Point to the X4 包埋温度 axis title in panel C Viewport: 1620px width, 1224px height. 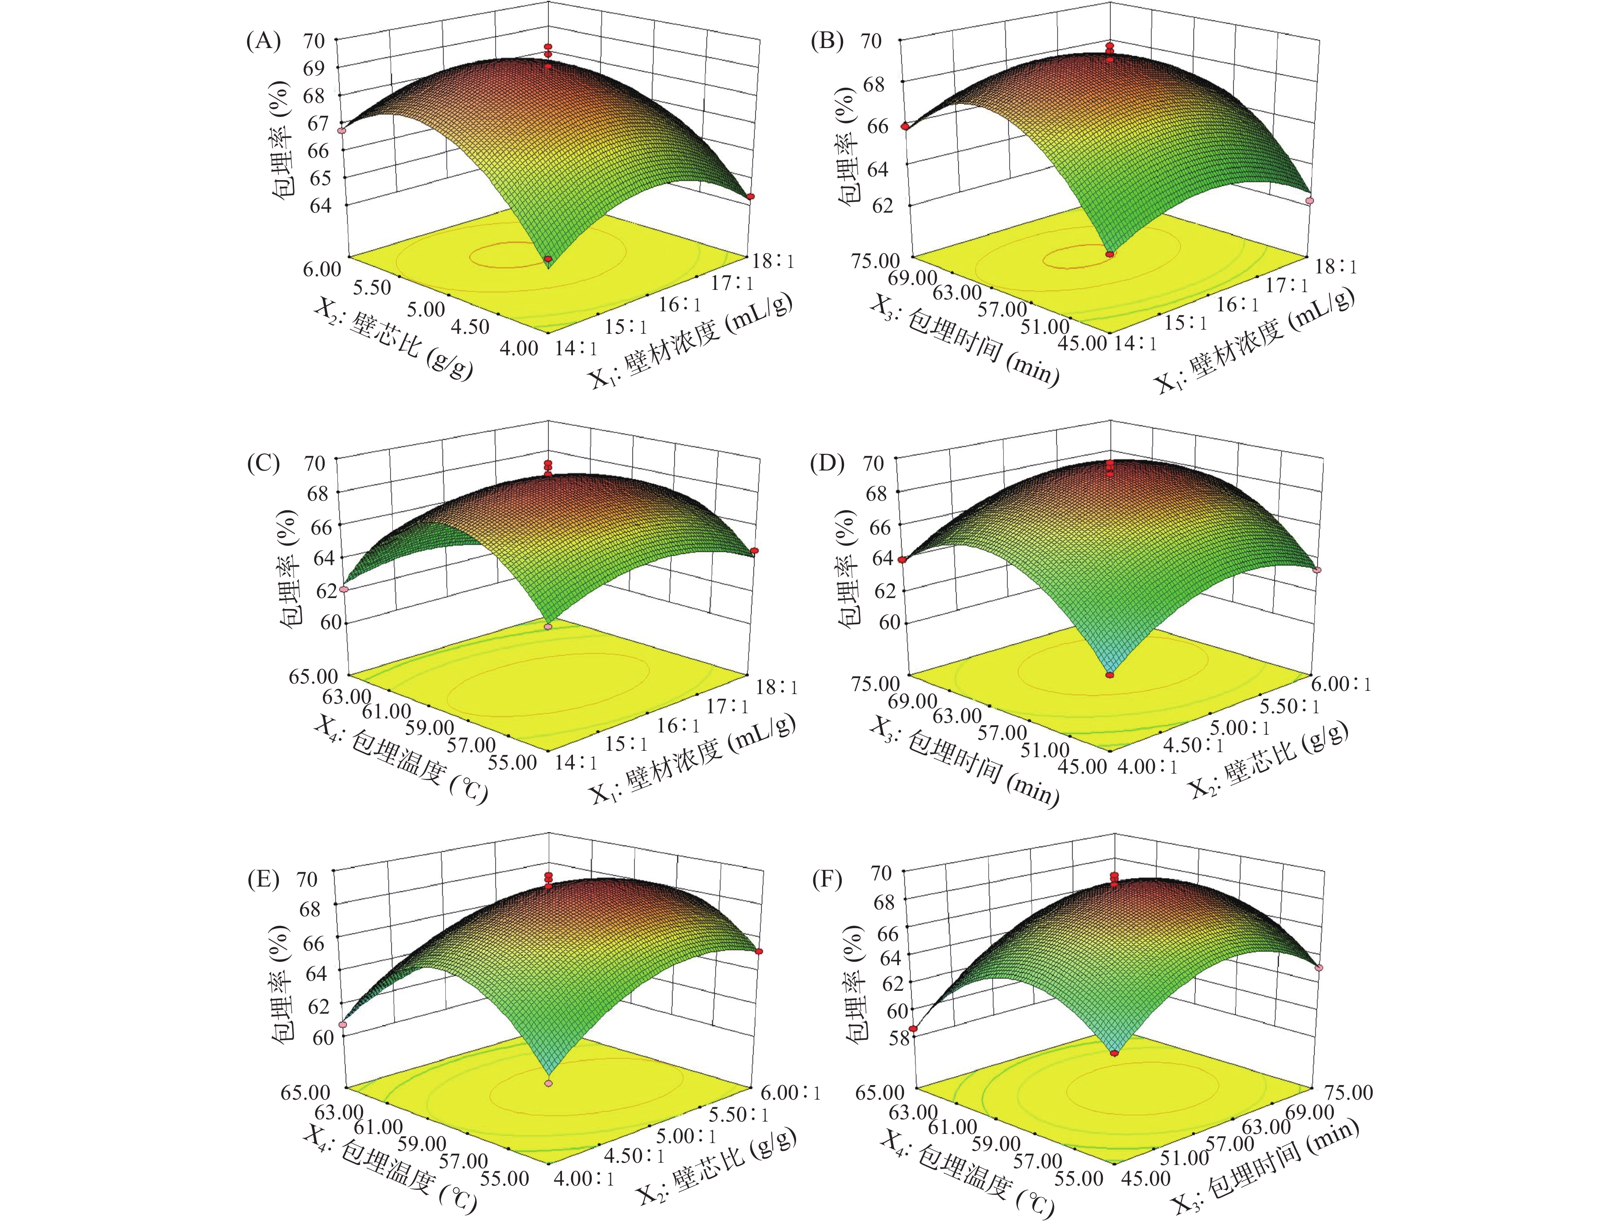pyautogui.click(x=400, y=759)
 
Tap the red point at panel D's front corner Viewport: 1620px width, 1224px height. pyautogui.click(x=1110, y=675)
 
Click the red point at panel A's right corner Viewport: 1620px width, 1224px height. pyautogui.click(x=751, y=196)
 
